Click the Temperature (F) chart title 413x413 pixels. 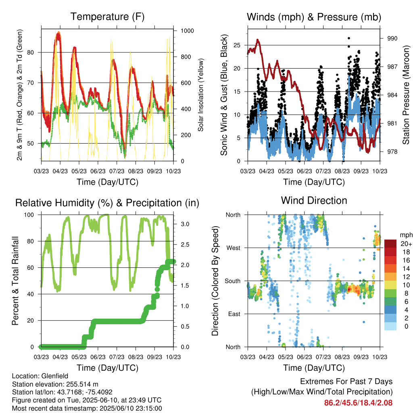coord(107,17)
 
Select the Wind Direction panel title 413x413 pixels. coord(314,200)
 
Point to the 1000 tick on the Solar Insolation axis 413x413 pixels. coord(187,31)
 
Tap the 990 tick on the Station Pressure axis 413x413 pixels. coord(392,38)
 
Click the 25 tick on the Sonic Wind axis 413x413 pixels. coord(237,45)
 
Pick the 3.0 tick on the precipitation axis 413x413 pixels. coord(185,224)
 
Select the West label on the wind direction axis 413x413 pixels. coord(234,248)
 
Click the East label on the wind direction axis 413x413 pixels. coord(234,314)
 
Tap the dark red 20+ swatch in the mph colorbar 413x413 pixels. coord(390,243)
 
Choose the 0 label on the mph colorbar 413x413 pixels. coord(406,326)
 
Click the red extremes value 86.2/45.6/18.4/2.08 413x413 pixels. coord(358,403)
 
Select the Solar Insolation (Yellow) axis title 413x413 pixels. coord(201,95)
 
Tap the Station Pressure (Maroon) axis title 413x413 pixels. coord(406,95)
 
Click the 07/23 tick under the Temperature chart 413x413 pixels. coord(117,171)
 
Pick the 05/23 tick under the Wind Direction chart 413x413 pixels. coord(286,357)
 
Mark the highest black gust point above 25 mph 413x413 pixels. coord(349,38)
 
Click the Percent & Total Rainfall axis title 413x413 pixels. coord(15,281)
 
